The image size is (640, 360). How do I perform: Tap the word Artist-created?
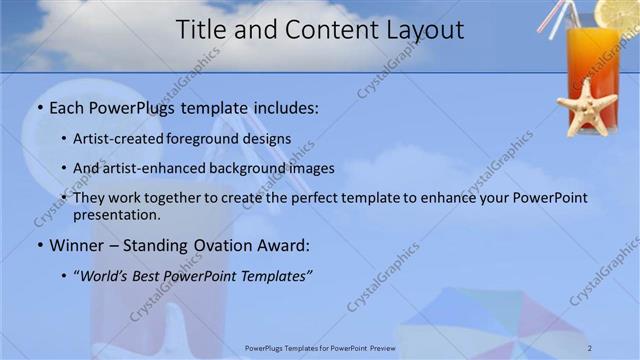pos(112,139)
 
